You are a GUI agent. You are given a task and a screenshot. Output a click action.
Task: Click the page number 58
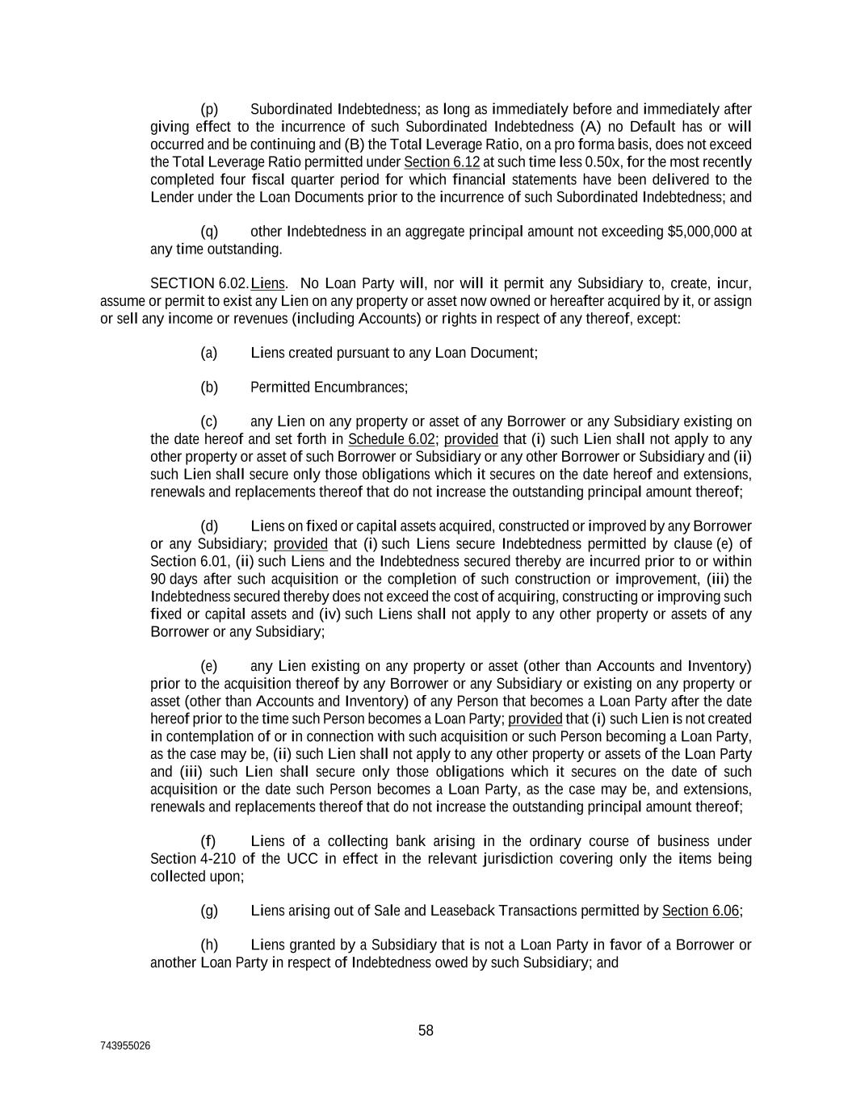click(x=426, y=1030)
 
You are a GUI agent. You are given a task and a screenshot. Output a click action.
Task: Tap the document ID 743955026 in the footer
click(x=125, y=1046)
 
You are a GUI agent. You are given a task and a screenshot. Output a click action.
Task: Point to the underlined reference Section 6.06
click(x=700, y=911)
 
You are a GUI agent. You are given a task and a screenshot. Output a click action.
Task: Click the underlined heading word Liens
click(x=268, y=283)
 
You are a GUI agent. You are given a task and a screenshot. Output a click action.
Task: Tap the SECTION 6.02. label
click(x=199, y=283)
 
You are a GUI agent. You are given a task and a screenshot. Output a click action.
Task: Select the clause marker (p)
click(x=209, y=109)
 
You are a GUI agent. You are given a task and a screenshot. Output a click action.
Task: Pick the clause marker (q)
click(x=209, y=232)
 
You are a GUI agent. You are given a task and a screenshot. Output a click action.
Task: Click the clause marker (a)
click(x=209, y=353)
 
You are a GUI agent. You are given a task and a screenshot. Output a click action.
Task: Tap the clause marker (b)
click(x=209, y=388)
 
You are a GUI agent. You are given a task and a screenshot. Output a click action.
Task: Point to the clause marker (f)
click(x=208, y=841)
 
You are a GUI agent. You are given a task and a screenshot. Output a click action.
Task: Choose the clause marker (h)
click(x=209, y=945)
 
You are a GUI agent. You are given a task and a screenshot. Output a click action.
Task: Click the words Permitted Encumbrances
click(x=328, y=388)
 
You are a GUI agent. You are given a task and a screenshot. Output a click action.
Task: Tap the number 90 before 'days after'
click(x=159, y=579)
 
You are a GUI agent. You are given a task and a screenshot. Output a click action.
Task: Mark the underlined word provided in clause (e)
click(x=535, y=719)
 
